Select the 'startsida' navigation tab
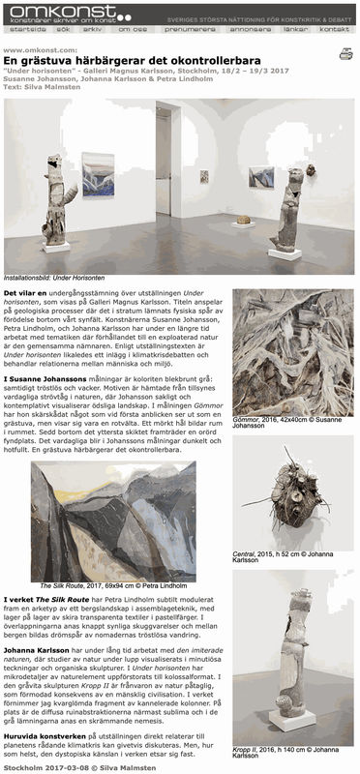click(22, 30)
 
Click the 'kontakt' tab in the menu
click(334, 30)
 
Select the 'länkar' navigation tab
click(295, 30)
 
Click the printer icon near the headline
click(345, 54)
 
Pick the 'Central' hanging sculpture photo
click(292, 489)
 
